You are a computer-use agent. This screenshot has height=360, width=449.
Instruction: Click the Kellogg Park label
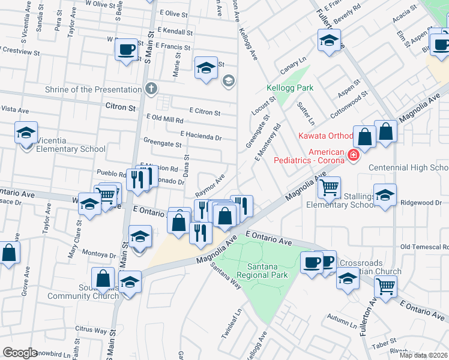pyautogui.click(x=290, y=88)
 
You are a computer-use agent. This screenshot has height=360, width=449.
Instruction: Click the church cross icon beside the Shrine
pyautogui.click(x=151, y=89)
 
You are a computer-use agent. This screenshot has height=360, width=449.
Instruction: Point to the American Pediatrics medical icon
pyautogui.click(x=353, y=156)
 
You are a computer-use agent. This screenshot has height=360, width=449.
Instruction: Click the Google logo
pyautogui.click(x=20, y=353)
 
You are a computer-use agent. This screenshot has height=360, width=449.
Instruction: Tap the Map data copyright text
pyautogui.click(x=423, y=355)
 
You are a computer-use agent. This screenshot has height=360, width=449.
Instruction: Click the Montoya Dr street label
pyautogui.click(x=98, y=254)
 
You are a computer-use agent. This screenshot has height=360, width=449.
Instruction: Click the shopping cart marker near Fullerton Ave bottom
pyautogui.click(x=385, y=286)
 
